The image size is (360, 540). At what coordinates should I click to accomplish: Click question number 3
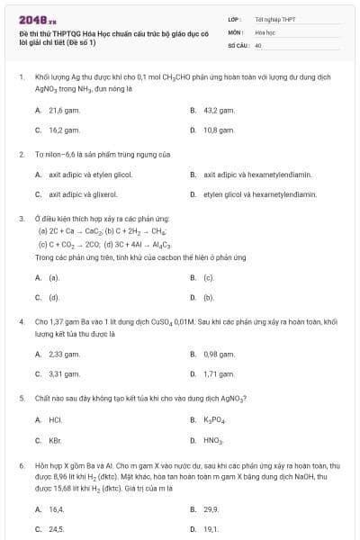tap(21, 219)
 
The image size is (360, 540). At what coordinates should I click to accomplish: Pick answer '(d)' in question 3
tap(54, 297)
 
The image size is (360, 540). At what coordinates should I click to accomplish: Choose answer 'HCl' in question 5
tap(55, 419)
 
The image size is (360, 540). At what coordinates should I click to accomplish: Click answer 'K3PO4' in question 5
tap(212, 419)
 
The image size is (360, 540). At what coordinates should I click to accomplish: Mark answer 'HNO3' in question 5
tap(212, 439)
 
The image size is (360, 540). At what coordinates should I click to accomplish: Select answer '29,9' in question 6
tap(211, 508)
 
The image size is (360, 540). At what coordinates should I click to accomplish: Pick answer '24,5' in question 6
tap(56, 528)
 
